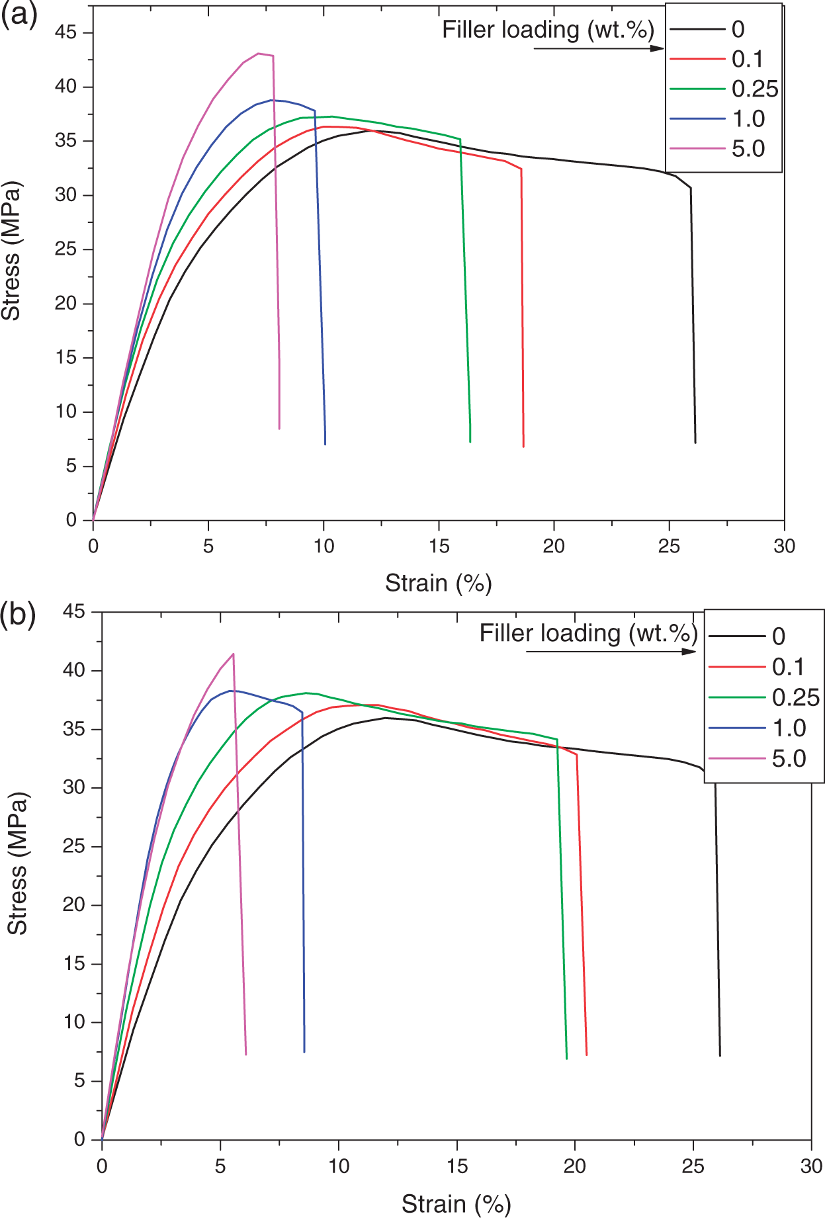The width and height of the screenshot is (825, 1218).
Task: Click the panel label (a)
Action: click(x=19, y=15)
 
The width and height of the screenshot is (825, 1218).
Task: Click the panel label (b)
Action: click(x=19, y=615)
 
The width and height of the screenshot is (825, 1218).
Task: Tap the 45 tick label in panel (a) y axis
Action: click(x=65, y=32)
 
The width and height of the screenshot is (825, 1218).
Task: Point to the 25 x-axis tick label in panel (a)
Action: click(x=669, y=546)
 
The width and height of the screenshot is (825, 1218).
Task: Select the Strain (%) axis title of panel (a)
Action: click(x=439, y=584)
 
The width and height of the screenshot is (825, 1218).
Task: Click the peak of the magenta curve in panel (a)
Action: click(x=258, y=54)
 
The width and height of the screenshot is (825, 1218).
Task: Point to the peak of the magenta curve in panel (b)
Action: click(x=233, y=654)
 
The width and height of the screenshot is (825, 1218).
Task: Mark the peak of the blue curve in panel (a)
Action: click(x=272, y=100)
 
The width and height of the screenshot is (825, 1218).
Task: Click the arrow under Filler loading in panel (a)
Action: click(x=599, y=48)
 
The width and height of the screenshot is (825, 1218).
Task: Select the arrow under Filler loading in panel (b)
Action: click(x=611, y=652)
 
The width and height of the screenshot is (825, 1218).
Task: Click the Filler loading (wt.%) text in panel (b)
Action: click(x=588, y=633)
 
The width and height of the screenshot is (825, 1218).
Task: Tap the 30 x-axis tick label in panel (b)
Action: click(x=811, y=1166)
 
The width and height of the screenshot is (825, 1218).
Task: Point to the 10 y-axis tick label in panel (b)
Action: click(x=74, y=1022)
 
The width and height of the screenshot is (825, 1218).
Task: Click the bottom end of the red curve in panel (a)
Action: click(x=523, y=447)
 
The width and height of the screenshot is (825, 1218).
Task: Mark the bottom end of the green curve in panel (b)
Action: click(x=566, y=1059)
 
